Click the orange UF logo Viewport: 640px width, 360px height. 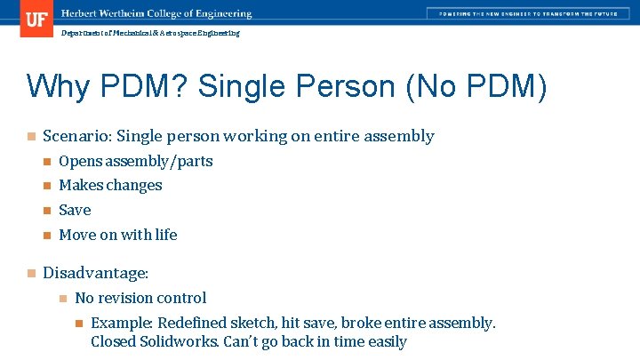tap(36, 19)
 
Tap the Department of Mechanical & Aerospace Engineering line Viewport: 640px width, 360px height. tap(150, 33)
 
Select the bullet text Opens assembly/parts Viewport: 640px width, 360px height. tap(135, 161)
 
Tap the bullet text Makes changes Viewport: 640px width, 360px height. tap(110, 186)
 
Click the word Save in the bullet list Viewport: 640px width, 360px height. tap(75, 211)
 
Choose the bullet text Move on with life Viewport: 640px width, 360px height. tap(117, 235)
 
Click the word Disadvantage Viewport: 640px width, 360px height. tap(93, 273)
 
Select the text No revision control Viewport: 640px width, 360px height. tap(140, 298)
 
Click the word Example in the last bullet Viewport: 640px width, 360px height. tap(119, 323)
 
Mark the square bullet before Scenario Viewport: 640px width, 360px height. tap(30, 137)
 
